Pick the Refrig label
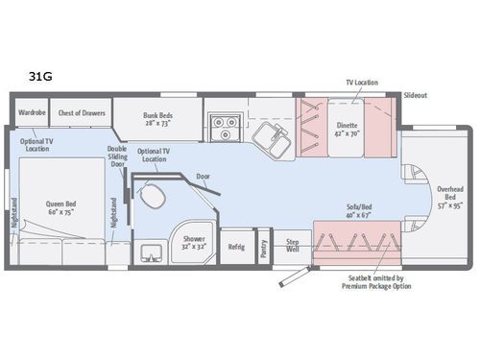pyautogui.click(x=237, y=247)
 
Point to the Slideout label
pyautogui.click(x=415, y=96)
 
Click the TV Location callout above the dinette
pyautogui.click(x=363, y=84)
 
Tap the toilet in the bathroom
pyautogui.click(x=151, y=198)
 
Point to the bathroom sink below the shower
pyautogui.click(x=151, y=252)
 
